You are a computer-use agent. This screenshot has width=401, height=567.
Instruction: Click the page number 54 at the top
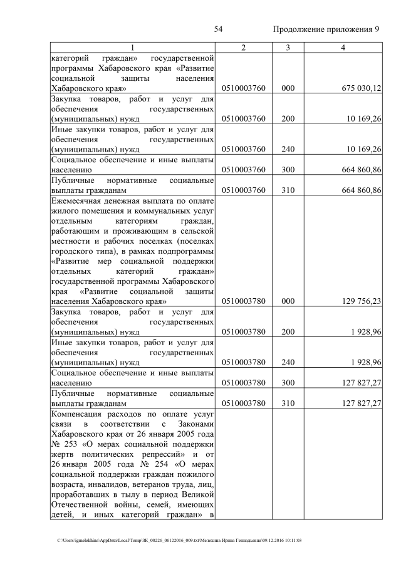(x=219, y=29)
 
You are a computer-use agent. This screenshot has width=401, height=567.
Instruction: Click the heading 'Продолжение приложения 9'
(x=326, y=29)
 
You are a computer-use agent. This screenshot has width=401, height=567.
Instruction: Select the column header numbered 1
(x=132, y=48)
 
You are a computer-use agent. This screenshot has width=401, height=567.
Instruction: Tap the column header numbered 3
(x=288, y=48)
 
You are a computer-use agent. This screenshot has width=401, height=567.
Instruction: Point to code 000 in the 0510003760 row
(x=288, y=88)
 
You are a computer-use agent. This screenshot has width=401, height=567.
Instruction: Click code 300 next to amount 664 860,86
(x=288, y=169)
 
